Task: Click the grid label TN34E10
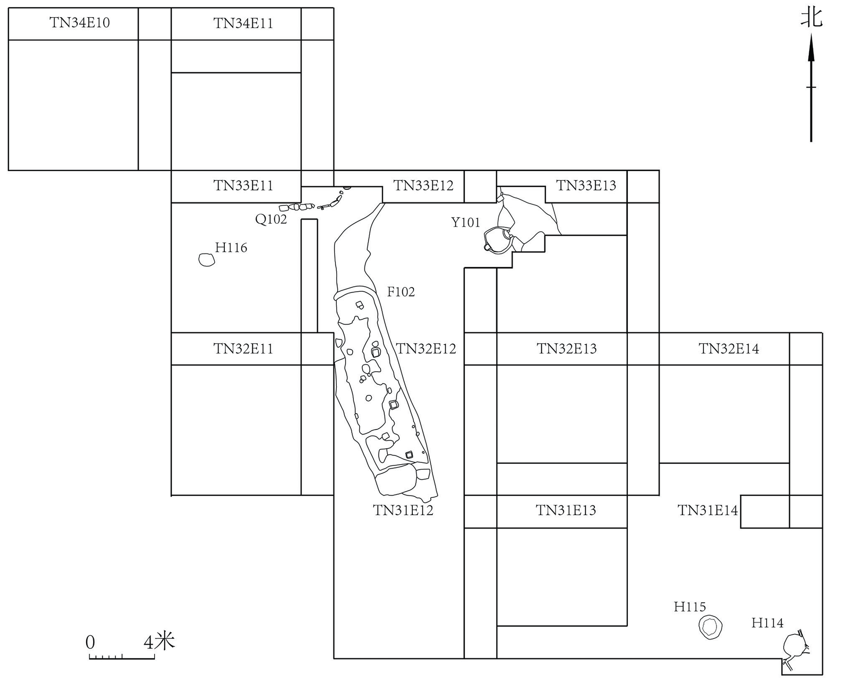(79, 23)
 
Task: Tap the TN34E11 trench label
(243, 23)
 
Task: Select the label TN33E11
(243, 186)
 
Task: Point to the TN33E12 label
(423, 186)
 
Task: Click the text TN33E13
(586, 186)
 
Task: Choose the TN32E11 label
(243, 349)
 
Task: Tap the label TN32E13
(566, 349)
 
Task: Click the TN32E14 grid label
(729, 349)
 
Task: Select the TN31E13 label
(566, 510)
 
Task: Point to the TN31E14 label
(708, 510)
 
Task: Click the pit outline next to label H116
(207, 260)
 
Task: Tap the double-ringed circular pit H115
(710, 627)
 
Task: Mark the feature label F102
(401, 292)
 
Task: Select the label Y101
(465, 223)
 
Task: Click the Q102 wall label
(271, 219)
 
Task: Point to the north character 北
(811, 18)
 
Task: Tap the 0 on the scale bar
(90, 642)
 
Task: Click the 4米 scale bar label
(159, 641)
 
